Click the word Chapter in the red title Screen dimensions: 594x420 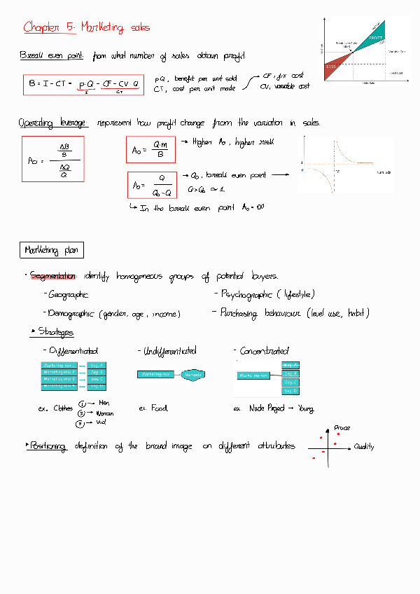pos(41,27)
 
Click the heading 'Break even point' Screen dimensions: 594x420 pos(52,55)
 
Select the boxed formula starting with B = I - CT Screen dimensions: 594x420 pos(83,84)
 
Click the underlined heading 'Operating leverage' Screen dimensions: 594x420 pos(53,123)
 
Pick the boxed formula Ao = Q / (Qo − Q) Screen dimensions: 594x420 pos(152,186)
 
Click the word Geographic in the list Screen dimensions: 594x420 pos(69,295)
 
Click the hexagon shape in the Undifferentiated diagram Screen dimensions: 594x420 pos(192,375)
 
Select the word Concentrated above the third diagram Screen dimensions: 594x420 pos(264,351)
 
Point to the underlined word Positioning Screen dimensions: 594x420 pos(48,445)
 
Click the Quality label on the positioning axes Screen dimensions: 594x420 pos(364,447)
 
